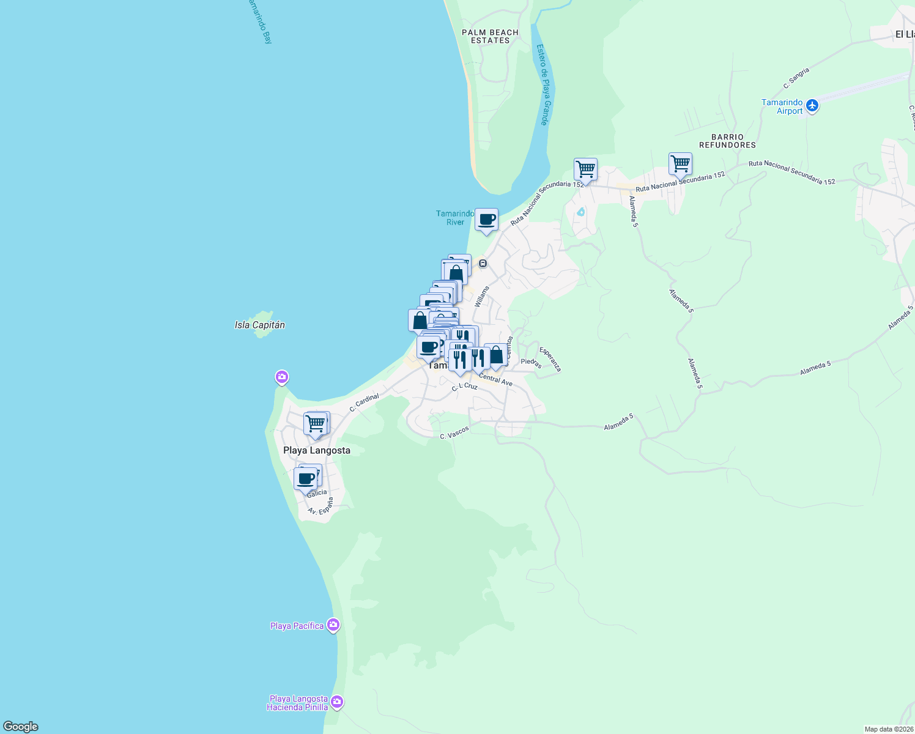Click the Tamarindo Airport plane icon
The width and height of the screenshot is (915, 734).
click(x=812, y=106)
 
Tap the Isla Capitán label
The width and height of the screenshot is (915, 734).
click(x=260, y=325)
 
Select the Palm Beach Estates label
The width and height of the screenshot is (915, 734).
click(x=490, y=37)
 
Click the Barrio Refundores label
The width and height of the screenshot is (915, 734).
click(x=727, y=141)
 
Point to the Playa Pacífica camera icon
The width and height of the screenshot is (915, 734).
click(x=333, y=625)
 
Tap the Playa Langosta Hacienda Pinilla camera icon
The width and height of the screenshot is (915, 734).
click(x=337, y=702)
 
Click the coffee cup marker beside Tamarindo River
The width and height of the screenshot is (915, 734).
click(x=487, y=220)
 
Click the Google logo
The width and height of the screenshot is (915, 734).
click(x=21, y=727)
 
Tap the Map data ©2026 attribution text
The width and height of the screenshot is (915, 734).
click(x=888, y=729)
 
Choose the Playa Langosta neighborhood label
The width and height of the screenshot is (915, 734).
click(x=317, y=450)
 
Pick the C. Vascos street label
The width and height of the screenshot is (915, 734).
click(x=454, y=433)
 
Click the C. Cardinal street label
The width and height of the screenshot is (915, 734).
click(x=365, y=402)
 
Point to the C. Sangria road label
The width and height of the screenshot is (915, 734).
click(x=796, y=78)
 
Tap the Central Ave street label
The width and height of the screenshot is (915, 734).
click(x=495, y=380)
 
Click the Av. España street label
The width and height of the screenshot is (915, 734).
click(x=320, y=506)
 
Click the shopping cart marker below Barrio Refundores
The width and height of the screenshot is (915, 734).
click(x=680, y=164)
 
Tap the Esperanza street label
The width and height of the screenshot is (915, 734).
click(x=550, y=359)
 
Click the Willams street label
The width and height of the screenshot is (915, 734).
click(x=482, y=296)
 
